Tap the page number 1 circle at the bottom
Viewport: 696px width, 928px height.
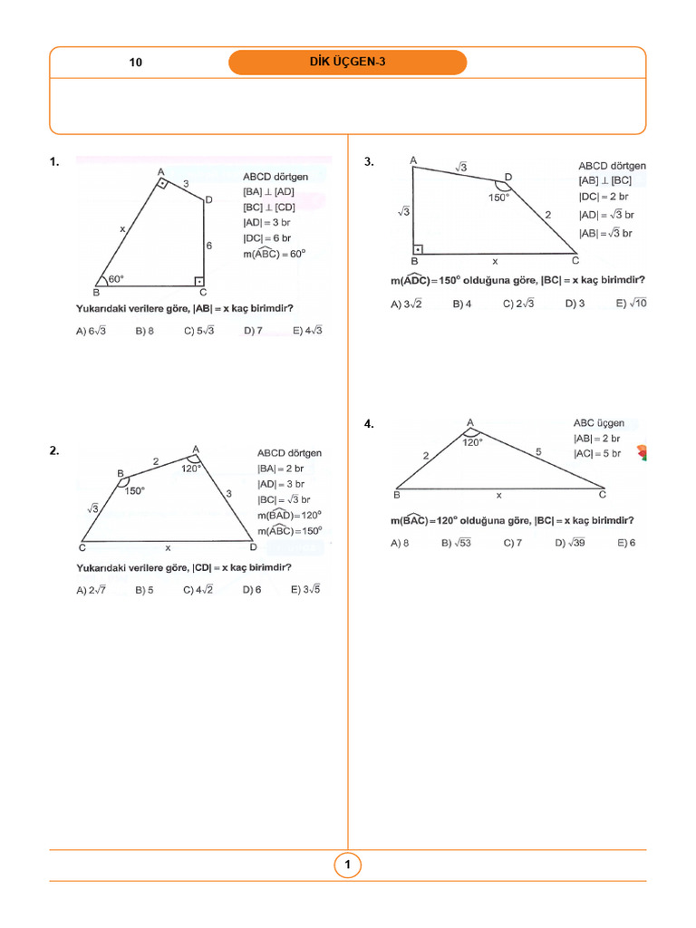point(347,865)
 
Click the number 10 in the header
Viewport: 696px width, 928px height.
point(136,63)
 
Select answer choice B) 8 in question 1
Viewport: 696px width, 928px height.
point(144,332)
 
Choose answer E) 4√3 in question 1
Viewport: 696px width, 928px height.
point(308,331)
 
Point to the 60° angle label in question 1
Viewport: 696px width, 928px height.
point(116,280)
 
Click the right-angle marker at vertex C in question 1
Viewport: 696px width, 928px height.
point(199,281)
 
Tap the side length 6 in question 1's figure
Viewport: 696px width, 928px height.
point(208,246)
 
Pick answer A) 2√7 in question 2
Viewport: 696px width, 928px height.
point(92,590)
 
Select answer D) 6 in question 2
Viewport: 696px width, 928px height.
point(252,590)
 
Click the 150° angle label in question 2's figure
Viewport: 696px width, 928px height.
point(134,491)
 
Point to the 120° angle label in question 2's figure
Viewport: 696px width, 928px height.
point(190,469)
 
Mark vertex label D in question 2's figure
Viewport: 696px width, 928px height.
point(253,548)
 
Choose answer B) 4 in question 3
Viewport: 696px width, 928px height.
point(462,304)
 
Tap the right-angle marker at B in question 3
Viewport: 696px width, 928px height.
point(418,248)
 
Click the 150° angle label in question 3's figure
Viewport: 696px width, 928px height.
point(499,197)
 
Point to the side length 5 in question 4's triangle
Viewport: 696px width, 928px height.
point(537,450)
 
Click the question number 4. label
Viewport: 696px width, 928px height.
point(369,423)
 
